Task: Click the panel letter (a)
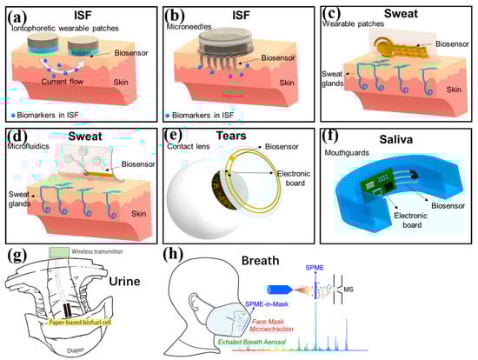point(18,13)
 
